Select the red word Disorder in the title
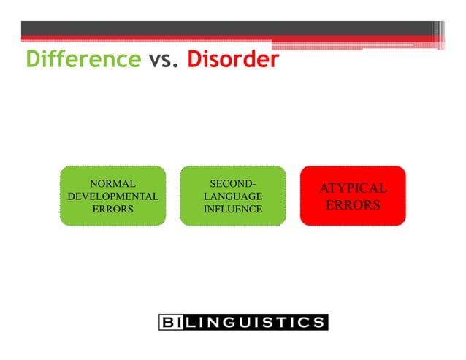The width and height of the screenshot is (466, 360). (x=233, y=59)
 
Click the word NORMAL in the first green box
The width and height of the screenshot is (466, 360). (x=112, y=183)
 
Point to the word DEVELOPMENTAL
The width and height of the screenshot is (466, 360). (x=112, y=196)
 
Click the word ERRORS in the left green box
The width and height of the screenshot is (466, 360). (x=112, y=209)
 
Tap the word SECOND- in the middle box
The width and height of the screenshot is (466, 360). (x=232, y=183)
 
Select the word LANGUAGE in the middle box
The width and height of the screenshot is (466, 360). (x=232, y=196)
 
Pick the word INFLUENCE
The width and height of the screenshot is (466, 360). (x=232, y=209)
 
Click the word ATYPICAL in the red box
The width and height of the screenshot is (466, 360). (x=353, y=189)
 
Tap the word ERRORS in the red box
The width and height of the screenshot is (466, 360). (x=353, y=205)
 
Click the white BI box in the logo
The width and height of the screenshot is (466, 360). (x=172, y=322)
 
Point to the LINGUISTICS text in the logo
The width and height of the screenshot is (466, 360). (x=255, y=322)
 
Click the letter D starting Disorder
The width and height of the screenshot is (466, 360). (x=195, y=59)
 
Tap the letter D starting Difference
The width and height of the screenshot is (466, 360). (x=34, y=59)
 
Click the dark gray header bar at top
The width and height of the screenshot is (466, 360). (x=219, y=28)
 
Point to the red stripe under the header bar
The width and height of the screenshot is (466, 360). (x=219, y=39)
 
